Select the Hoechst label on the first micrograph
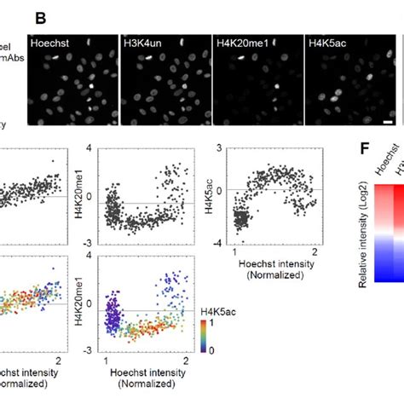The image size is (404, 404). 49,41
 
